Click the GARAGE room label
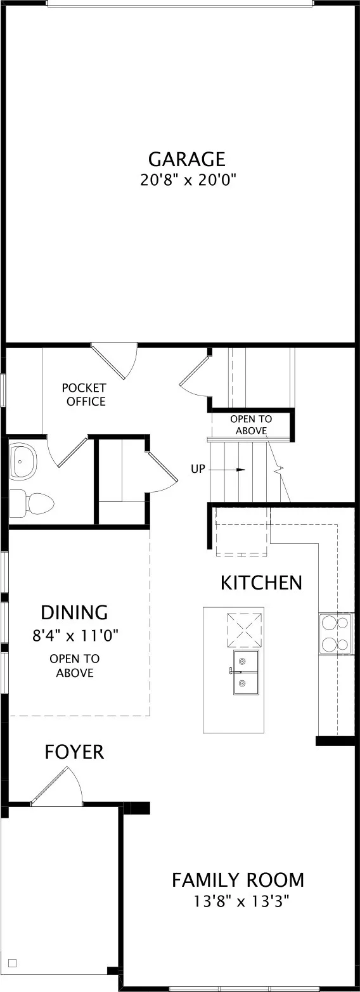tap(186, 158)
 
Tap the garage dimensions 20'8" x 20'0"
tap(186, 180)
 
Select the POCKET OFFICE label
tap(84, 395)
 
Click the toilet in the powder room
tap(32, 502)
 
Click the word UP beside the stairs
tap(198, 468)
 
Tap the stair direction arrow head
tap(241, 470)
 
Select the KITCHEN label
tap(261, 583)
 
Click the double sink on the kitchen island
tap(246, 672)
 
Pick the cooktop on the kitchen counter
tap(336, 634)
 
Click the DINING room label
tap(74, 612)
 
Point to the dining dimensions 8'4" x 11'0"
tap(75, 636)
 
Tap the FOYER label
tap(74, 752)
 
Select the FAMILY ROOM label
tap(238, 880)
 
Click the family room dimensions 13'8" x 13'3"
tap(241, 901)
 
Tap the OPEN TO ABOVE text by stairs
tap(251, 425)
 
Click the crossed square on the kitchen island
tap(245, 625)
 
